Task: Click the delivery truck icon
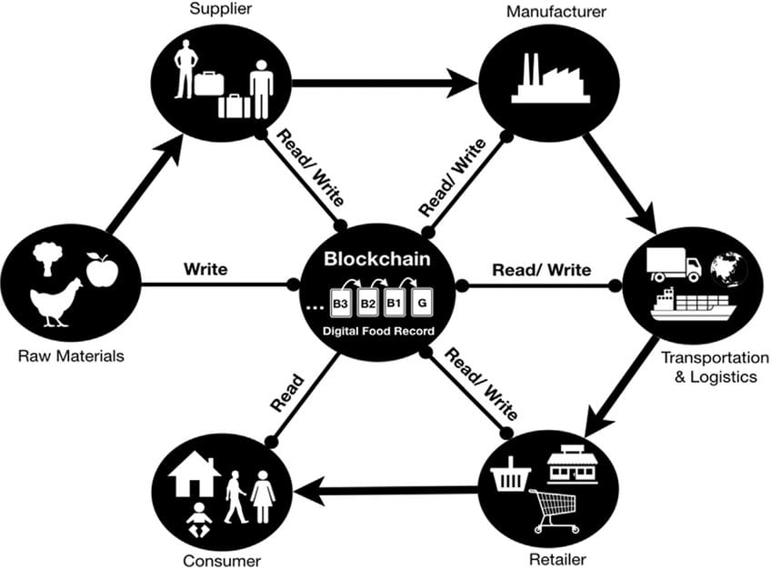674,263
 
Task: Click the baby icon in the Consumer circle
199,522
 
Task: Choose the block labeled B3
341,300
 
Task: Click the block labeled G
423,300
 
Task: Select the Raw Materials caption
71,355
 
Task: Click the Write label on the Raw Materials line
205,269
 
